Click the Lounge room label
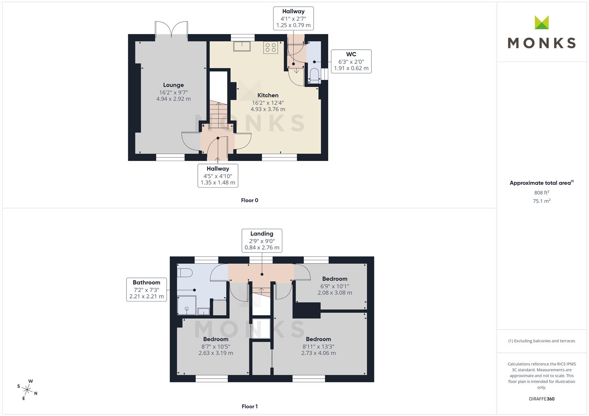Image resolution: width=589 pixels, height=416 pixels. (x=173, y=85)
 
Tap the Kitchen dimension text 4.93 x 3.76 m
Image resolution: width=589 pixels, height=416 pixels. (x=268, y=109)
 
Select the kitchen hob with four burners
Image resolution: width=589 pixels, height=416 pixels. (x=270, y=47)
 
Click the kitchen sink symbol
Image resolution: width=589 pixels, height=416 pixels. (x=241, y=46)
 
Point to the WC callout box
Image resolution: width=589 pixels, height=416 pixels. (x=351, y=61)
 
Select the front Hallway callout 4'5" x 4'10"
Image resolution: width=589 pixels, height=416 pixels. (x=218, y=176)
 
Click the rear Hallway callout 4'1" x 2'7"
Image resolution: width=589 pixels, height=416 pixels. (x=293, y=18)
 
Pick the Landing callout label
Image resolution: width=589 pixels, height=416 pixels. (x=262, y=233)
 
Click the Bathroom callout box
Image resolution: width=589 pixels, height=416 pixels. (x=146, y=289)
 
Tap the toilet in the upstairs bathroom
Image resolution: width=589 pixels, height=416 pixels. (x=185, y=273)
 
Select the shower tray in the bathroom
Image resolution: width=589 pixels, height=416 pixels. (x=187, y=305)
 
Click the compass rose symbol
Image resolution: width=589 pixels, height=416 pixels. (x=27, y=389)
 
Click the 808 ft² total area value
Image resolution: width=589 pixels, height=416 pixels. (x=541, y=193)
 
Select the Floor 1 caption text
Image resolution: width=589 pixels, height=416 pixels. (x=250, y=406)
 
